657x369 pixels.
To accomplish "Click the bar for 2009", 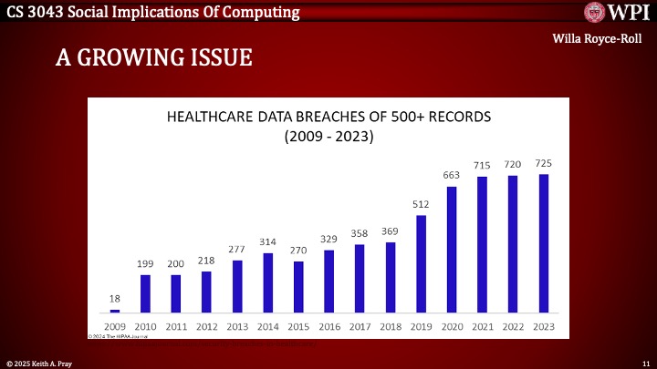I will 115,311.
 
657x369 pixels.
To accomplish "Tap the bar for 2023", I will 544,243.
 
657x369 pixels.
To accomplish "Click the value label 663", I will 452,175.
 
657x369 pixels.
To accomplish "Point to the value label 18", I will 115,298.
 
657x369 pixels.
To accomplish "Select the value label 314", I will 267,241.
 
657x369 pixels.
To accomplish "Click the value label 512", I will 421,204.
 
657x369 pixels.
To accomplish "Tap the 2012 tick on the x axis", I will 206,327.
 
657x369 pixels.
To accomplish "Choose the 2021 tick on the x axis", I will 483,327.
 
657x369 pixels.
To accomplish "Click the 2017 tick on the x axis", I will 360,327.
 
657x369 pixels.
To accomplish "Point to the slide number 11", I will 645,363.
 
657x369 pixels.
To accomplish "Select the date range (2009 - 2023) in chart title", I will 328,137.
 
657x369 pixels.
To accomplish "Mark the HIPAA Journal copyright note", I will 119,336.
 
